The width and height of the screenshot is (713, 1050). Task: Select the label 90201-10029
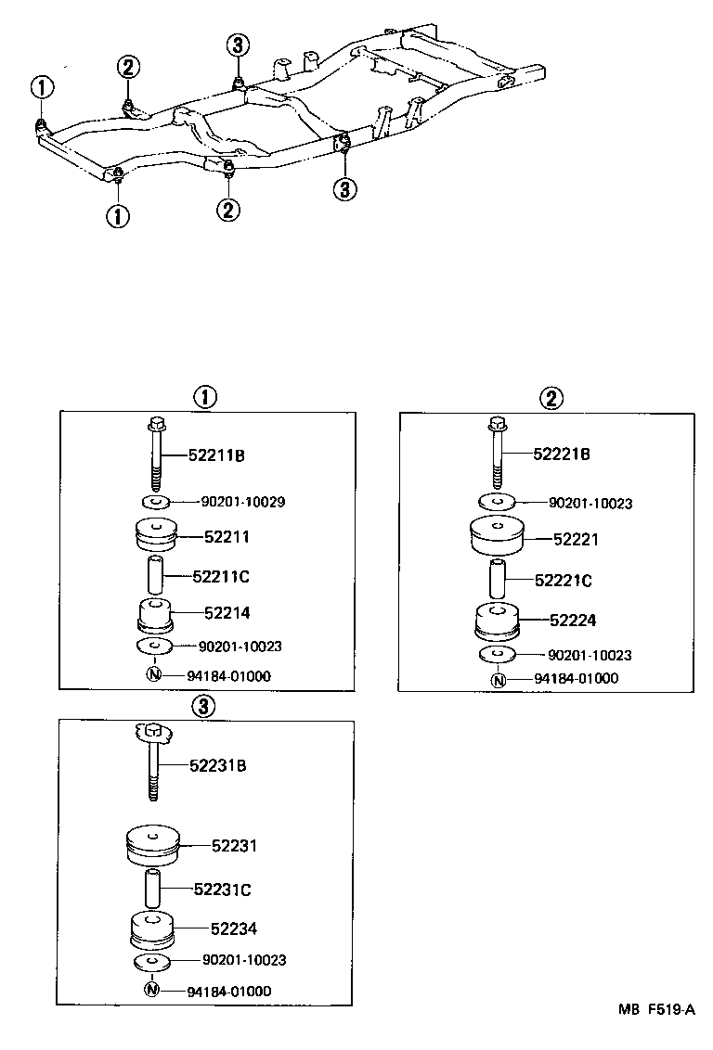pos(242,502)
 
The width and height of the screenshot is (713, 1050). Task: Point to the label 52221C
pos(563,581)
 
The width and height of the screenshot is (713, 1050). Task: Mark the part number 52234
pos(233,928)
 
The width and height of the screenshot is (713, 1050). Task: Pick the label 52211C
pos(221,576)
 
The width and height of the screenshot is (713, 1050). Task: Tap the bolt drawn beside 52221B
pos(497,454)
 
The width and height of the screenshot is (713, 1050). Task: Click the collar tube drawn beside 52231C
pos(151,888)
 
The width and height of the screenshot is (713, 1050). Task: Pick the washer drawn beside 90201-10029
pos(155,502)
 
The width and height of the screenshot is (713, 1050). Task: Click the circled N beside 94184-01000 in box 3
pos(152,990)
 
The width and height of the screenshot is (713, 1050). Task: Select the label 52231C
pos(223,890)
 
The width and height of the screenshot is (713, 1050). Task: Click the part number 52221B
pos(561,455)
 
